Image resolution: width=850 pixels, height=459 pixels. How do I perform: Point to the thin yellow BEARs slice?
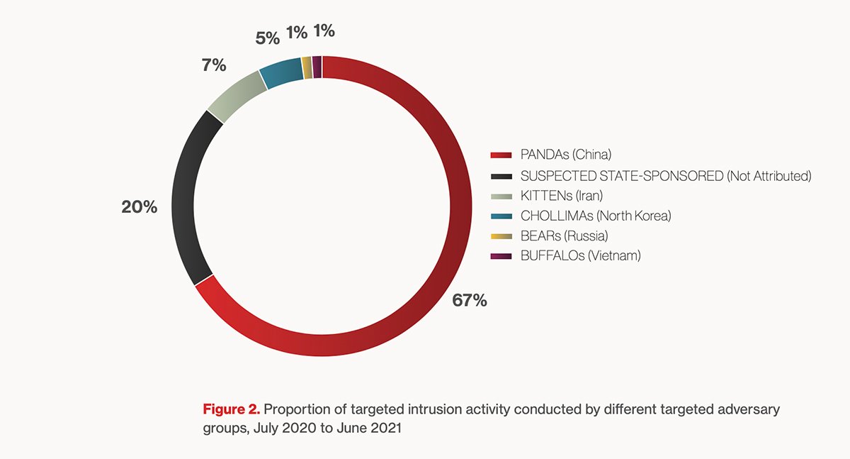pos(307,67)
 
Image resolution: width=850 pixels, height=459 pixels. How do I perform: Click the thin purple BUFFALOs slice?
pos(317,66)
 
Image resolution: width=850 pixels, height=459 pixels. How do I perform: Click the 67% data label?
pos(470,300)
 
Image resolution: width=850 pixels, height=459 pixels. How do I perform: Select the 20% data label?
pos(140,209)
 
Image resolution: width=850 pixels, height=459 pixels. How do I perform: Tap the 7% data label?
pos(213,66)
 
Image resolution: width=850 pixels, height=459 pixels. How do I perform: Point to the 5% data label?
pos(267,38)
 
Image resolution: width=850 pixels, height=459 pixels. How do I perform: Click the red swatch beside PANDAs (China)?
pos(501,155)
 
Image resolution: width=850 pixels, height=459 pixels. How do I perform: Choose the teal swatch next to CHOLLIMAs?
pos(501,216)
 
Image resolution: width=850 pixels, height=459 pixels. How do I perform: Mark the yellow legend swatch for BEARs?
pos(501,236)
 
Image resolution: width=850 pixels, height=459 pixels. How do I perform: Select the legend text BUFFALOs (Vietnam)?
pos(580,255)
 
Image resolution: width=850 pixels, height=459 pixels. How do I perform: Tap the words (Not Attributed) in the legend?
pos(769,175)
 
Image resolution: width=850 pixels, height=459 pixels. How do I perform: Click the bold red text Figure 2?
pos(232,409)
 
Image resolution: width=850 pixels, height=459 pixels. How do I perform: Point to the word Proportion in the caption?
pos(296,409)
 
